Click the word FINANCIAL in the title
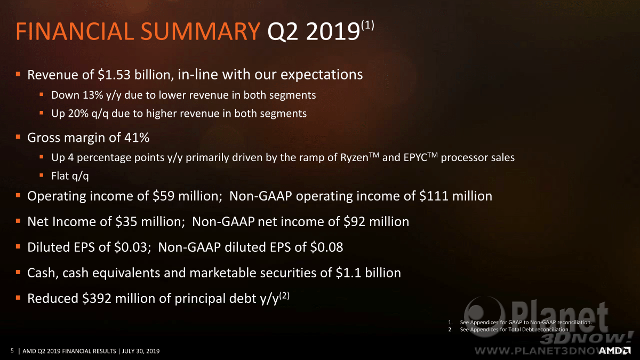click(x=75, y=31)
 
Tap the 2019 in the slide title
click(x=332, y=31)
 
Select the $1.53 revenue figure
click(x=114, y=75)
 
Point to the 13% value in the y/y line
click(x=93, y=95)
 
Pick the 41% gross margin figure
click(x=137, y=138)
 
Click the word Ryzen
click(x=354, y=157)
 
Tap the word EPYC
click(x=415, y=157)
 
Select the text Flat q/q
click(x=70, y=176)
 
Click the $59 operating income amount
click(x=163, y=196)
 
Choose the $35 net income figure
click(x=126, y=221)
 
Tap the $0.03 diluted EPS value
click(x=131, y=247)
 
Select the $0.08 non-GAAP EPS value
click(x=326, y=247)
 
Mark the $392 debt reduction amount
click(x=97, y=299)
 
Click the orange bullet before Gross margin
click(x=18, y=137)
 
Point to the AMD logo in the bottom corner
click(x=615, y=350)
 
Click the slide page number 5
click(x=12, y=350)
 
